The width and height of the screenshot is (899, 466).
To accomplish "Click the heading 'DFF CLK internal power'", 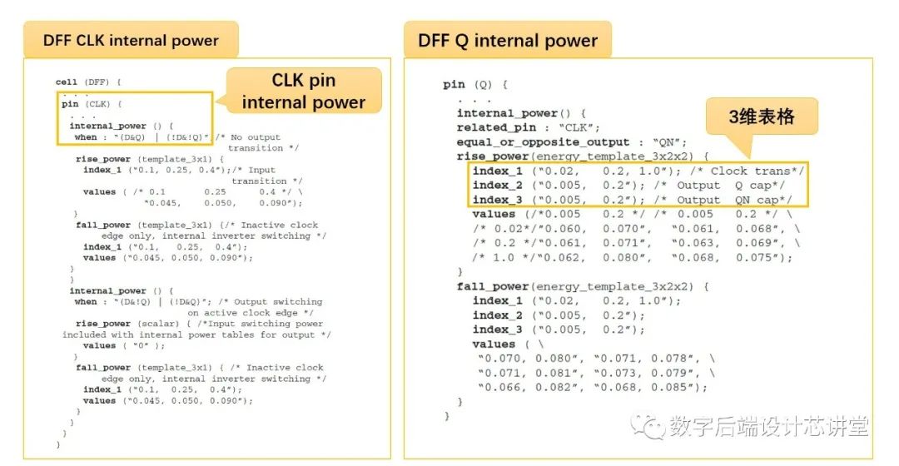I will pos(131,40).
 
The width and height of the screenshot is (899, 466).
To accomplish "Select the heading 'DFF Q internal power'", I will pos(508,40).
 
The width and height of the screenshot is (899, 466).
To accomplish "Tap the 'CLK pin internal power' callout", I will pos(304,92).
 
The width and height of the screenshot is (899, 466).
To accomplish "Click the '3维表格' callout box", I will pos(761,117).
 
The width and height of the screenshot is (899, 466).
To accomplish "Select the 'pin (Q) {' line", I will pos(475,84).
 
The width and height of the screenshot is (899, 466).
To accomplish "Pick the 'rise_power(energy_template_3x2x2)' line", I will pos(582,156).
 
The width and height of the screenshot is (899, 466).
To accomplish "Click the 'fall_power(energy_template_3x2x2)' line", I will pos(582,286).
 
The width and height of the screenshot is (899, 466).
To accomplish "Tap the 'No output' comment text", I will pos(254,137).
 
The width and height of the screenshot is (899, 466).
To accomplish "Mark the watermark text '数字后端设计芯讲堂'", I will pos(768,428).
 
